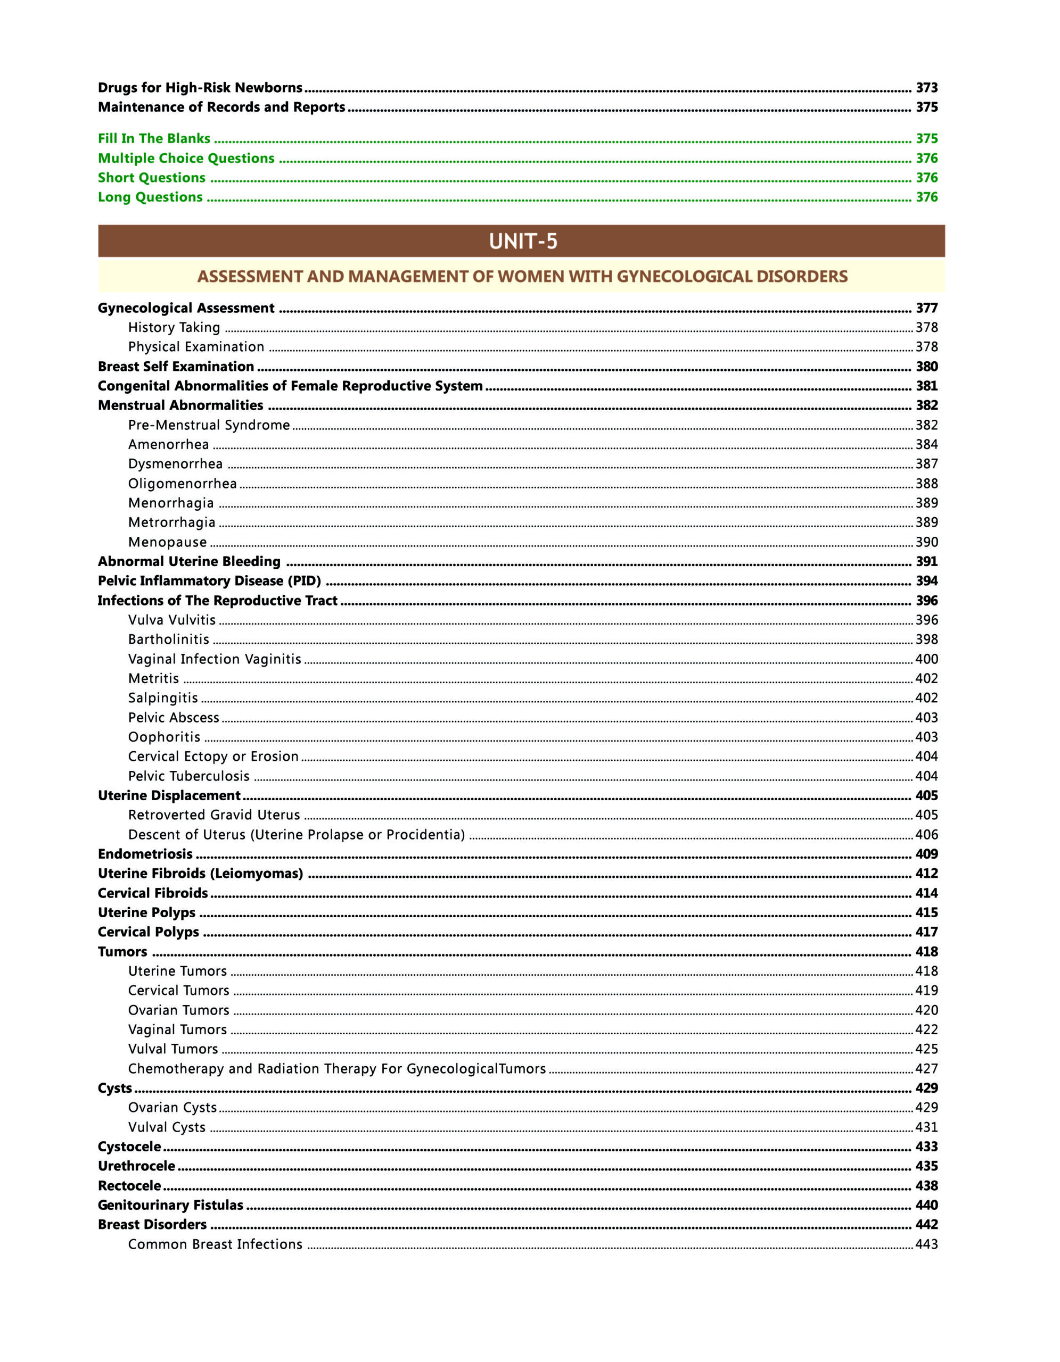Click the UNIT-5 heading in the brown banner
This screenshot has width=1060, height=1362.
pyautogui.click(x=523, y=242)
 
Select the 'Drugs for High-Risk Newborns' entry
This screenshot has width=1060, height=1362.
pyautogui.click(x=200, y=88)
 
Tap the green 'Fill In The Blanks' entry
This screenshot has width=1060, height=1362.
pyautogui.click(x=154, y=138)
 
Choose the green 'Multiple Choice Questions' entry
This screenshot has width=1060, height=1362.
pyautogui.click(x=186, y=159)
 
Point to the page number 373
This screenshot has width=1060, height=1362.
pyautogui.click(x=926, y=88)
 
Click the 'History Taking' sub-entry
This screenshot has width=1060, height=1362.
pyautogui.click(x=174, y=327)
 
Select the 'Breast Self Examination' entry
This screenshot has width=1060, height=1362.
pyautogui.click(x=176, y=367)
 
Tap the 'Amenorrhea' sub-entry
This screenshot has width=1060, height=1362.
pyautogui.click(x=168, y=445)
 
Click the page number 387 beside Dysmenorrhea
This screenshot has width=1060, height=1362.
pyautogui.click(x=926, y=464)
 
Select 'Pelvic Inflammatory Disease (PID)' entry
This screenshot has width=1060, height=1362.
pyautogui.click(x=209, y=581)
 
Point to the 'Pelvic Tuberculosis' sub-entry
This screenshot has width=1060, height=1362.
pyautogui.click(x=188, y=776)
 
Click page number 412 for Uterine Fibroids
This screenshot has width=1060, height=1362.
pyautogui.click(x=926, y=874)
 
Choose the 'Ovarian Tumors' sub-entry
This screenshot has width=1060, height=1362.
pyautogui.click(x=178, y=1010)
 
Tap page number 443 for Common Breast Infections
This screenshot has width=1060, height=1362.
pyautogui.click(x=926, y=1244)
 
